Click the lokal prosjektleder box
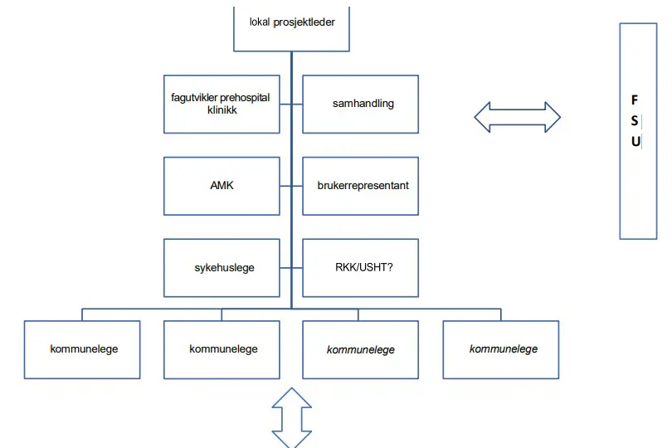[292, 25]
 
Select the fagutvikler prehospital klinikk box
[222, 104]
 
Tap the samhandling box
[360, 104]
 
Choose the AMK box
[222, 185]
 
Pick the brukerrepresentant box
[360, 185]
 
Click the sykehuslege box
[222, 267]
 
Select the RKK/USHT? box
[360, 267]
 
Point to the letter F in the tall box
[635, 100]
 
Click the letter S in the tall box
[635, 120]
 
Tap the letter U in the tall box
[635, 141]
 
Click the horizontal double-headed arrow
[517, 117]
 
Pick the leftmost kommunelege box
[82, 349]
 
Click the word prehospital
[245, 98]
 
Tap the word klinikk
[222, 110]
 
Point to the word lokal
[261, 22]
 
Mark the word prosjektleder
[304, 22]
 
